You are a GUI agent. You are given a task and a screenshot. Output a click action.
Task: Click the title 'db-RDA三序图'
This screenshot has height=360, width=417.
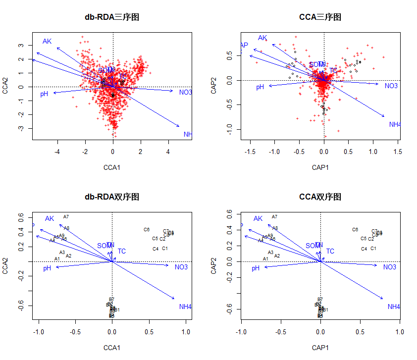tap(112, 17)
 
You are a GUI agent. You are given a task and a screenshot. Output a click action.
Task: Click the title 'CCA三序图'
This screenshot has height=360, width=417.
tap(320, 17)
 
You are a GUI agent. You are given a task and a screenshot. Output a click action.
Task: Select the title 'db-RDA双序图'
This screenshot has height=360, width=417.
tap(112, 197)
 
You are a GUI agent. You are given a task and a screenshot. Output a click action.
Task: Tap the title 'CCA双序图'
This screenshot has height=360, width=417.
tap(320, 197)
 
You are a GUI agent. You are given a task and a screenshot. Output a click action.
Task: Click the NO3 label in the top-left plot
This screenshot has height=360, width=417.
tap(185, 93)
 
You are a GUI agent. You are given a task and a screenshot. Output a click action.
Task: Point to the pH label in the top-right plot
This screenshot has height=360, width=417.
tap(260, 88)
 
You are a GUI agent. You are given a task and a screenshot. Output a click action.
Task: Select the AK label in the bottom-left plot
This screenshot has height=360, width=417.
tap(50, 218)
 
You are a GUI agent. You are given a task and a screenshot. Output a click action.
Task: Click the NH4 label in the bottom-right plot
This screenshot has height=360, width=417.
tap(394, 307)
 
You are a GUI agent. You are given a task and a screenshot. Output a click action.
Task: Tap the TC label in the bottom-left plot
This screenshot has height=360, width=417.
tap(121, 251)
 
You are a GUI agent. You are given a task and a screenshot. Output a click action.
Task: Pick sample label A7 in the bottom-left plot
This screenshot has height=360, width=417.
tap(66, 217)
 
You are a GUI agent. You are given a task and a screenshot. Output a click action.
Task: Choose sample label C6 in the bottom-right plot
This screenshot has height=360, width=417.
tap(355, 230)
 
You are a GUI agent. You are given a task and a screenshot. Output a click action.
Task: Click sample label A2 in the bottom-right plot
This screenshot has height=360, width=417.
tap(277, 256)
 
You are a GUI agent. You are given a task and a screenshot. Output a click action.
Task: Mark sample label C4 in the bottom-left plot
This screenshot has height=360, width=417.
tap(156, 249)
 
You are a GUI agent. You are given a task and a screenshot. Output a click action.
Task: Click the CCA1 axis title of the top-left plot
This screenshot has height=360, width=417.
tap(112, 167)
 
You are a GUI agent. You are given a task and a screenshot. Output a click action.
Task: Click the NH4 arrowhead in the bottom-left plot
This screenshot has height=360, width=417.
tap(174, 299)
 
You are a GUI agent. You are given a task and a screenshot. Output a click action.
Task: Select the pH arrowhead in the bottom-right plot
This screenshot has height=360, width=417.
tap(264, 267)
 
